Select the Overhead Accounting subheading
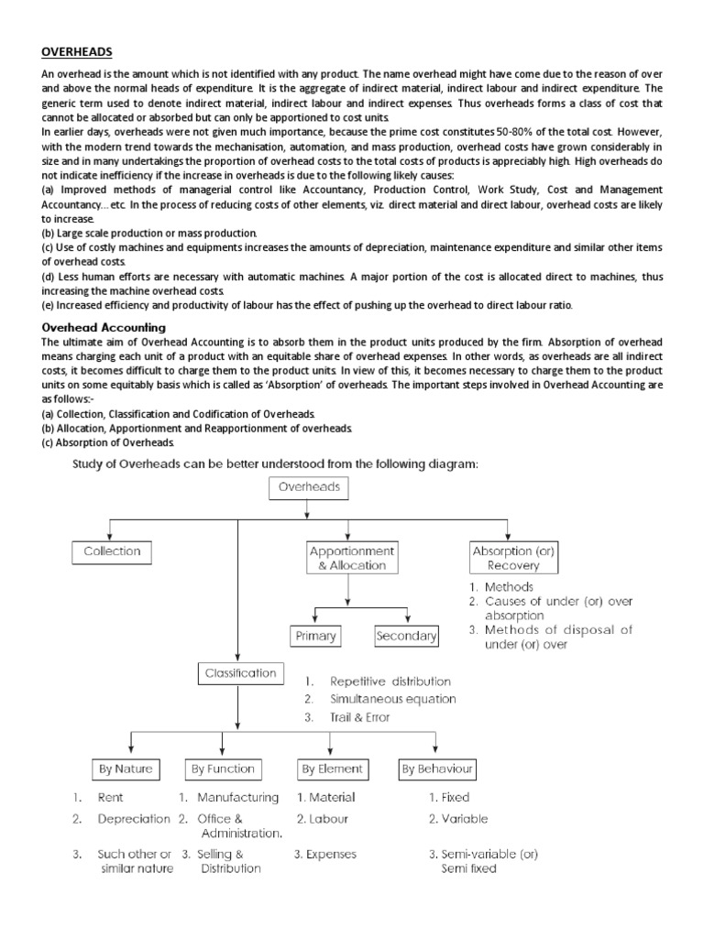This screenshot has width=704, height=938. click(x=104, y=326)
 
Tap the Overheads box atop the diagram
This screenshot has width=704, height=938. click(x=309, y=487)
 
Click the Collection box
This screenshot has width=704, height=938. click(x=112, y=551)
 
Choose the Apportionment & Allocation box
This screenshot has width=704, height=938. click(x=352, y=559)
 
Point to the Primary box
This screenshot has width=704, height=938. click(x=313, y=636)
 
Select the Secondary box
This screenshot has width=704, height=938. click(x=406, y=636)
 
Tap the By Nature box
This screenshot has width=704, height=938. click(x=126, y=769)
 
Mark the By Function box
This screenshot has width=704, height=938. click(x=222, y=769)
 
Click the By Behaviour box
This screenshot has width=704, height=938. click(x=437, y=769)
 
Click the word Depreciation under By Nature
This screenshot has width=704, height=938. click(x=134, y=819)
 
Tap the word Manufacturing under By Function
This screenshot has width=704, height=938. click(x=237, y=797)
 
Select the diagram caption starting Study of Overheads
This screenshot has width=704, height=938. click(x=275, y=464)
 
